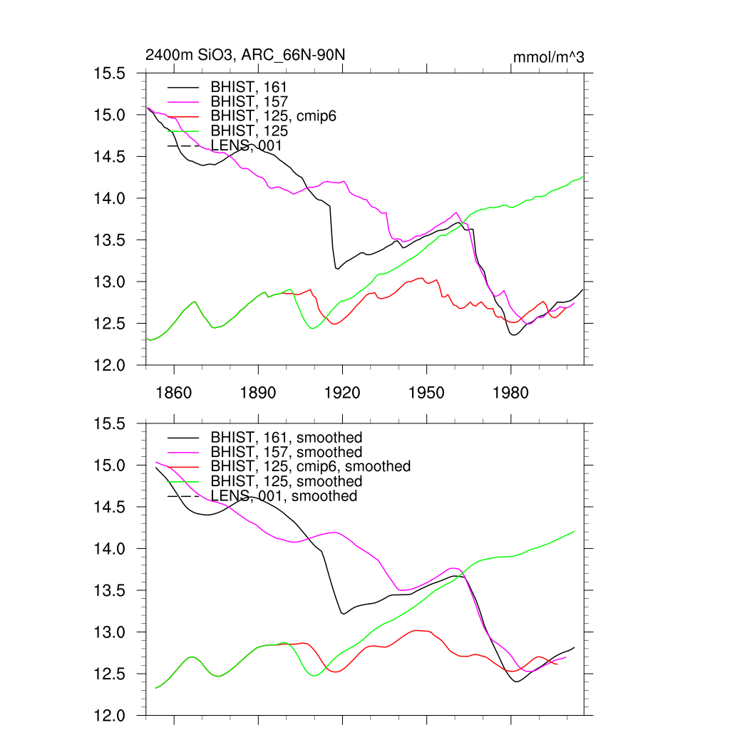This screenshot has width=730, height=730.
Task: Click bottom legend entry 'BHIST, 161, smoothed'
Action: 286,437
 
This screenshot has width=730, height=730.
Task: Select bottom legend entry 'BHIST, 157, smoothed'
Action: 286,452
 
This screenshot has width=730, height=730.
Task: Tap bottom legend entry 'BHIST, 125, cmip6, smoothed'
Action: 310,466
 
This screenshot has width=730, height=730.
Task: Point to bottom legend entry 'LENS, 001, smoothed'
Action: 284,495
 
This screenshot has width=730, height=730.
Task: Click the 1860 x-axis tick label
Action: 174,392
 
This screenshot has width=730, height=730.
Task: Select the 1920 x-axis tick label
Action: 342,392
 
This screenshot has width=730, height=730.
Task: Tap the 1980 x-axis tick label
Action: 510,392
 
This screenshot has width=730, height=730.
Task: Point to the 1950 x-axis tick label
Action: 426,392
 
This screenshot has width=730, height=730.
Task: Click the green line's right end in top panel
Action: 582,176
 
